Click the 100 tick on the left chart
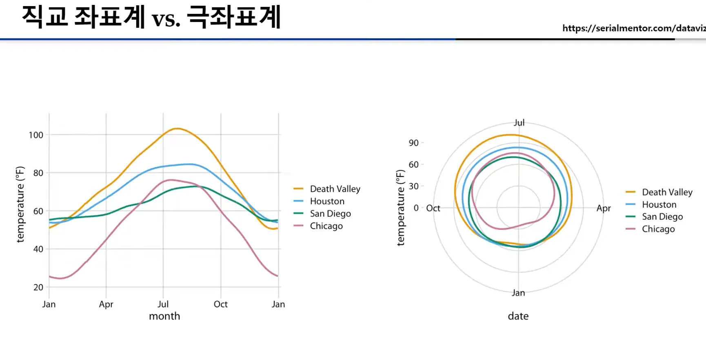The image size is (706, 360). click(36, 135)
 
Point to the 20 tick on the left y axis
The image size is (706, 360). click(38, 287)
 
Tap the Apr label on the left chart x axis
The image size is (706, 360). click(106, 304)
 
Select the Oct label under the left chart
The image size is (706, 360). click(221, 304)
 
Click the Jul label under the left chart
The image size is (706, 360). click(163, 304)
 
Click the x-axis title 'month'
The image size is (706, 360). click(164, 316)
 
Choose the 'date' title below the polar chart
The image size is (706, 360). click(518, 316)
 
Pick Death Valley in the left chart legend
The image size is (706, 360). click(335, 189)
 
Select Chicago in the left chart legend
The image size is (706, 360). click(326, 226)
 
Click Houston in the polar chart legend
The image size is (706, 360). click(659, 204)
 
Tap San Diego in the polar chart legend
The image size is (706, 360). click(662, 217)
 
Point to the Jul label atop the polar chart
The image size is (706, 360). click(519, 123)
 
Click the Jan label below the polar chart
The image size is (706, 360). click(518, 293)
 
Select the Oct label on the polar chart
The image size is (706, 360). click(433, 208)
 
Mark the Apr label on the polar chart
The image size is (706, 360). click(604, 208)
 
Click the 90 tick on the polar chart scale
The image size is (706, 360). click(413, 143)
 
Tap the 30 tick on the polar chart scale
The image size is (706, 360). click(413, 186)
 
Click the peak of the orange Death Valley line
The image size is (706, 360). click(177, 129)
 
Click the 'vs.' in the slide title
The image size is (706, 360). click(166, 19)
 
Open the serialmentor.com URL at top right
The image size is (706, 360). click(634, 28)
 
